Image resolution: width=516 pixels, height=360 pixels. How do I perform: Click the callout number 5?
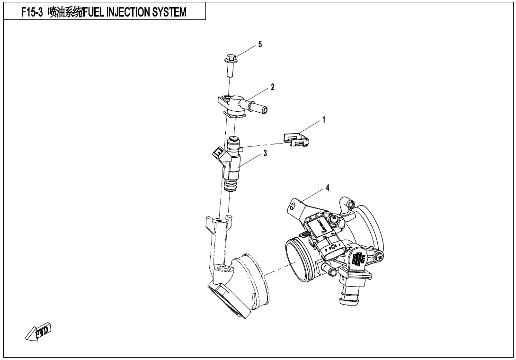point(259,45)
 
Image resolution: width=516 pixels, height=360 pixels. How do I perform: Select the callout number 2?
point(273,87)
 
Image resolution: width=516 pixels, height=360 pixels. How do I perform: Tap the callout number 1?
point(324,120)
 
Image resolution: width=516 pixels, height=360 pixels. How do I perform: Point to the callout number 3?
point(265,153)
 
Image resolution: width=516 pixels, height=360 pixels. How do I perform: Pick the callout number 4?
point(328,188)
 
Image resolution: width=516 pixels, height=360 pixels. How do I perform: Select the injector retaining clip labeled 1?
point(296,139)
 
